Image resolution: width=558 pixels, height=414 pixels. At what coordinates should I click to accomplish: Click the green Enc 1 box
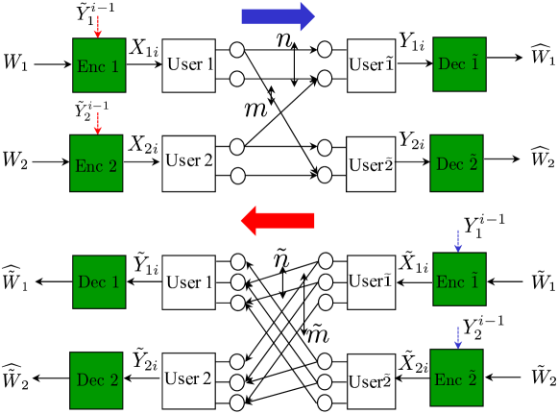[x=99, y=65]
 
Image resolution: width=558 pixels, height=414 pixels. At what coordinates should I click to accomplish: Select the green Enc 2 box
[x=96, y=163]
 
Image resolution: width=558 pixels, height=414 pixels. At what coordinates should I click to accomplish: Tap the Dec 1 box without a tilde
[x=99, y=282]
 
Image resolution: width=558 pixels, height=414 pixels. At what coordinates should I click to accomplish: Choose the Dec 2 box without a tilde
[x=96, y=380]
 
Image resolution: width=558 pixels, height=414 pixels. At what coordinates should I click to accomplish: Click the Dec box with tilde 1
[x=459, y=64]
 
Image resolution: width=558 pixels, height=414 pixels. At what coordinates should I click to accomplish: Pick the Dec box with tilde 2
[x=456, y=163]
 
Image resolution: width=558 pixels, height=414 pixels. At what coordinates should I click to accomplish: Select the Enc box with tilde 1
[x=459, y=280]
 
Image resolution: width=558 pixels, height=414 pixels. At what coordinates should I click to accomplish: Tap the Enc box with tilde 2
[x=456, y=377]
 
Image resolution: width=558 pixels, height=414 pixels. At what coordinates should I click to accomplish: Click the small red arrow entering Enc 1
[x=97, y=26]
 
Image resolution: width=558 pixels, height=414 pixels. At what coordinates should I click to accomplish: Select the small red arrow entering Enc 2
[x=97, y=123]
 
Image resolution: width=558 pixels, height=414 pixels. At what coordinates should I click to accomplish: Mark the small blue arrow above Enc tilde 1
[x=458, y=241]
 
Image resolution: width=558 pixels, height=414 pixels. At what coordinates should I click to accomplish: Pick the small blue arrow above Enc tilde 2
[x=458, y=338]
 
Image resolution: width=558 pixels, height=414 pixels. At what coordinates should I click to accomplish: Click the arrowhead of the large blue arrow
[x=306, y=16]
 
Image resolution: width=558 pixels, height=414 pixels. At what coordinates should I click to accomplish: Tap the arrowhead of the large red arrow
[x=248, y=220]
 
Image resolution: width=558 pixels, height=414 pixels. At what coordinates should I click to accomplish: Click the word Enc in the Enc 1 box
[x=90, y=67]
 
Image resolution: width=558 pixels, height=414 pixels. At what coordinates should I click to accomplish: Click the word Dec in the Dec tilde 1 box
[x=450, y=64]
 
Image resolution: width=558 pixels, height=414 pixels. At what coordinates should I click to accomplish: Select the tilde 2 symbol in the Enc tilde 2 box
[x=472, y=378]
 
